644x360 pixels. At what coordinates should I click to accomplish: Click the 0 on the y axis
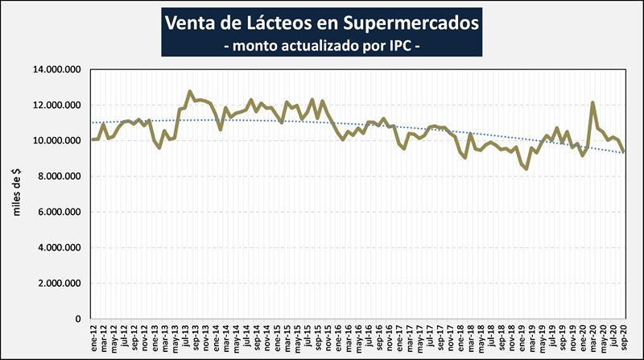click(x=78, y=319)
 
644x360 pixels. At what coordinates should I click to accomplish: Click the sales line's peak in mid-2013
click(x=189, y=91)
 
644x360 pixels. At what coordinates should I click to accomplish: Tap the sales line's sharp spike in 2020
click(x=592, y=102)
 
